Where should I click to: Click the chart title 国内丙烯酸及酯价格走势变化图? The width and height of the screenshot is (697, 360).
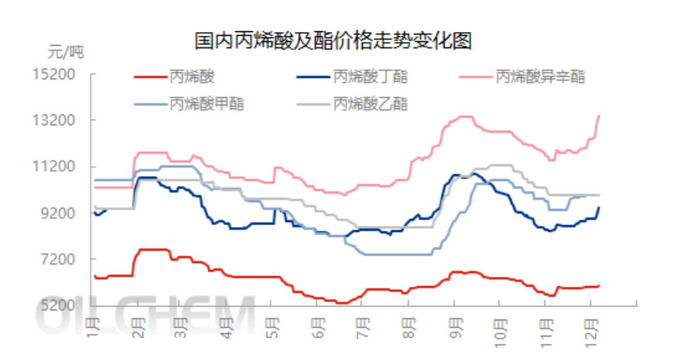tap(332, 40)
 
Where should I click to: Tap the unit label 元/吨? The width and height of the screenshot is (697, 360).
tap(66, 53)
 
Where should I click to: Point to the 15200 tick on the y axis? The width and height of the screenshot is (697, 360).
tap(63, 75)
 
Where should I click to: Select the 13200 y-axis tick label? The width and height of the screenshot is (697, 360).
tap(63, 121)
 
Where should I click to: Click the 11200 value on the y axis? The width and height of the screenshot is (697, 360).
tap(63, 167)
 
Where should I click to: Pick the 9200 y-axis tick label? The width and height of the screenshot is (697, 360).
tap(66, 214)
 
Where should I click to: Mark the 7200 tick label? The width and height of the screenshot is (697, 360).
tap(66, 260)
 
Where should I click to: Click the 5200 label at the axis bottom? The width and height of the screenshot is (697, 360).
tap(66, 306)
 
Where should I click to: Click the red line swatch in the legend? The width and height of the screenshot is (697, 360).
tap(149, 76)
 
